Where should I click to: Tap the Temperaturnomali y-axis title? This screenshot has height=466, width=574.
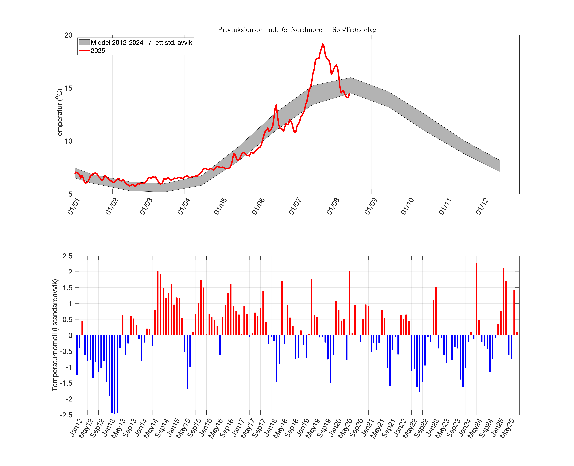pyautogui.click(x=55, y=335)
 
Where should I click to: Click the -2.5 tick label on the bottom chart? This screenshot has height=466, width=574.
pyautogui.click(x=66, y=415)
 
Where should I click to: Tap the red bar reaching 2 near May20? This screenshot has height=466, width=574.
pyautogui.click(x=349, y=303)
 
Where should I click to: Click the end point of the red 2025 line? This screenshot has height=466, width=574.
pyautogui.click(x=349, y=93)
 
